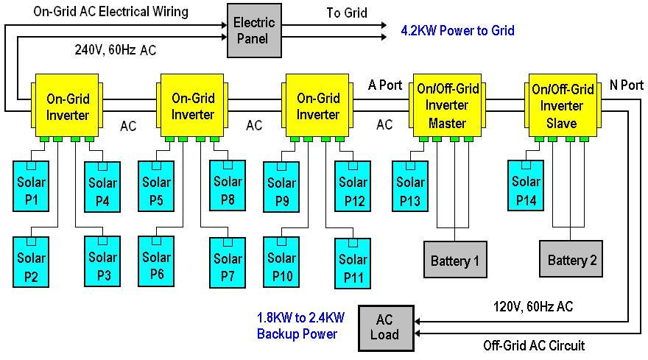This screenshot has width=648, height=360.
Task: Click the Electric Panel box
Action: click(254, 30)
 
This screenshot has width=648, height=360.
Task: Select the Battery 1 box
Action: click(454, 260)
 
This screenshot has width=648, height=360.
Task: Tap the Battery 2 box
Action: click(572, 260)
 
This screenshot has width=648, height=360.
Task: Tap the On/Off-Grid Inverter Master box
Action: click(448, 106)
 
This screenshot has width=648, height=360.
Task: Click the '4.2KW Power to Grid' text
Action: click(457, 31)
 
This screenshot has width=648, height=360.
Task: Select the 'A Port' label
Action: click(385, 85)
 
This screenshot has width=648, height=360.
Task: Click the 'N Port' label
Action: click(626, 85)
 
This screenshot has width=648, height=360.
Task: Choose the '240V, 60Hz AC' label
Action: click(115, 50)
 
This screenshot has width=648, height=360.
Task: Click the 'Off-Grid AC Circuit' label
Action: click(534, 345)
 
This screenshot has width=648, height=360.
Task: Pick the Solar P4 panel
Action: click(102, 190)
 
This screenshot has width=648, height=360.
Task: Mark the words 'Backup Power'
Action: click(297, 334)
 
